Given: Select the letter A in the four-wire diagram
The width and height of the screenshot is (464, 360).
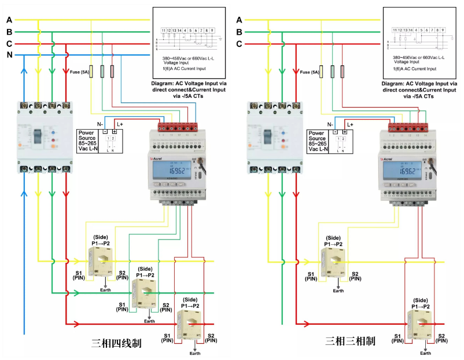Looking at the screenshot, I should click(9, 19).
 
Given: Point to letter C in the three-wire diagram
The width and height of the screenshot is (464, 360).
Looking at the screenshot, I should click(240, 44).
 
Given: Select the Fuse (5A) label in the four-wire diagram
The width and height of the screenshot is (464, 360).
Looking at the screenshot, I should click(79, 72).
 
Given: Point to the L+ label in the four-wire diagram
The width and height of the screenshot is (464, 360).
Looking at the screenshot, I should click(120, 124).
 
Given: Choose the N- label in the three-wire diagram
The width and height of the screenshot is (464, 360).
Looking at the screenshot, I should click(330, 124).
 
